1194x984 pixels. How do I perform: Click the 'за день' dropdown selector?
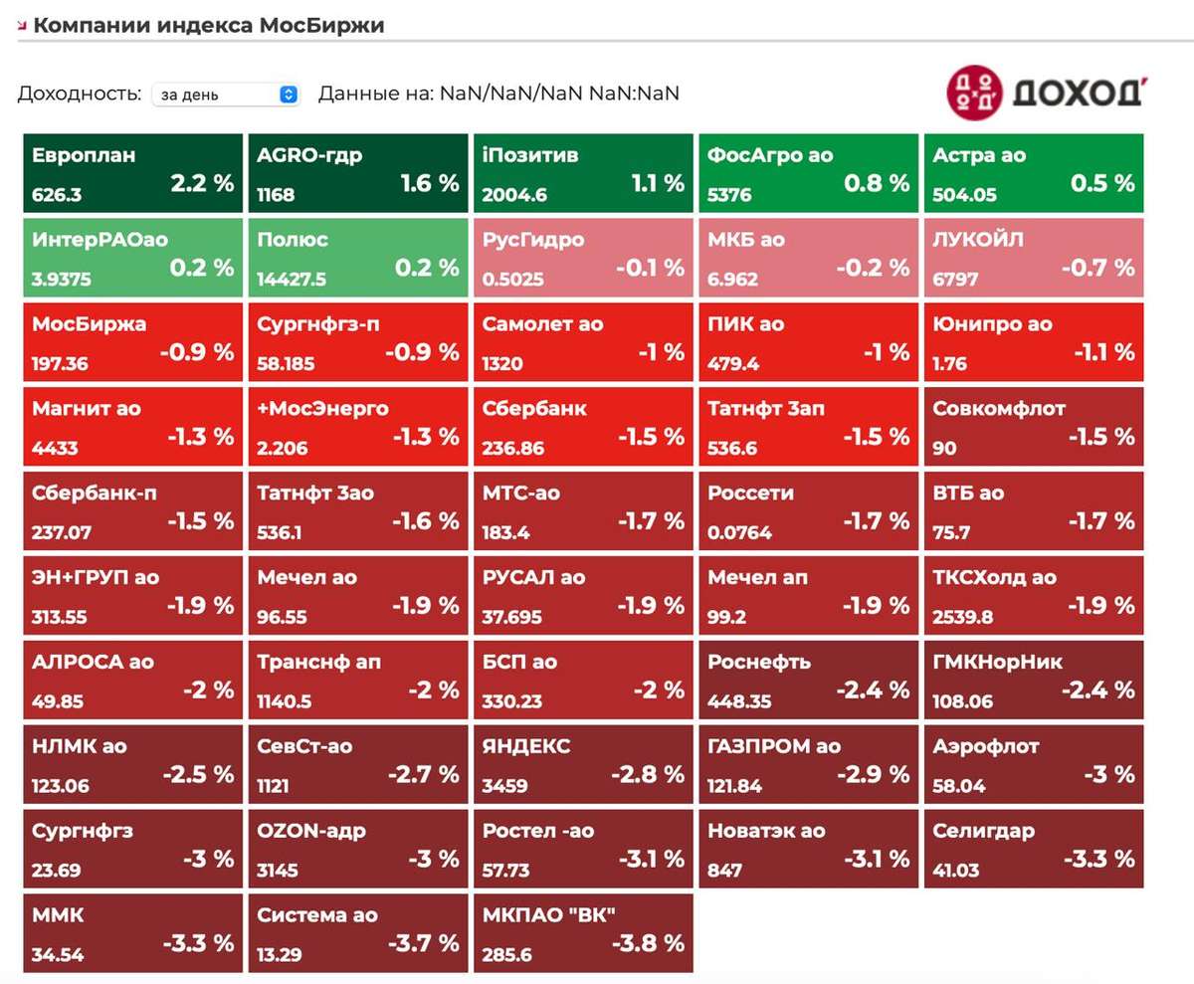tap(226, 95)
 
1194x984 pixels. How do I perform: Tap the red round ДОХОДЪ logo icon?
tap(974, 93)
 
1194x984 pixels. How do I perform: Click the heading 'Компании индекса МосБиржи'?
tap(209, 25)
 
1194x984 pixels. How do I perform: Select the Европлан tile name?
tap(84, 155)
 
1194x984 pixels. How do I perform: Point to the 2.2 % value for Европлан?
tap(202, 183)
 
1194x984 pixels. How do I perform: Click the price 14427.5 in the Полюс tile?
tap(292, 279)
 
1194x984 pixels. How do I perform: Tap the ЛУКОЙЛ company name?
tap(978, 239)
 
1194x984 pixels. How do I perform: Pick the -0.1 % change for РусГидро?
tap(650, 268)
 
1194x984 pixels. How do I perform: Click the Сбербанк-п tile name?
tap(95, 492)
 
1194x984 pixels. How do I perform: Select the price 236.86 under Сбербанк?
tap(513, 448)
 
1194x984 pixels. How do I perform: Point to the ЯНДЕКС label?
tap(526, 746)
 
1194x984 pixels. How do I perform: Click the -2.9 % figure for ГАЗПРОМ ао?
tap(874, 774)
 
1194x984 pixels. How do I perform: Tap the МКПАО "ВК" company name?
tap(549, 914)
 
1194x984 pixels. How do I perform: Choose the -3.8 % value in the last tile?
tap(649, 943)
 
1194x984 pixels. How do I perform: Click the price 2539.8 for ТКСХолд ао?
tap(963, 617)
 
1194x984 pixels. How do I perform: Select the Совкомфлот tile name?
tap(999, 408)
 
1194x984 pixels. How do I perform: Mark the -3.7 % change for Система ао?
tap(424, 943)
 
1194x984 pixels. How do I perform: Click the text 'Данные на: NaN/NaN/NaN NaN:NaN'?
tap(498, 94)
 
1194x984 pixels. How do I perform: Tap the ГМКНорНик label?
tap(997, 662)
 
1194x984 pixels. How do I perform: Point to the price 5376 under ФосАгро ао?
tap(729, 195)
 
